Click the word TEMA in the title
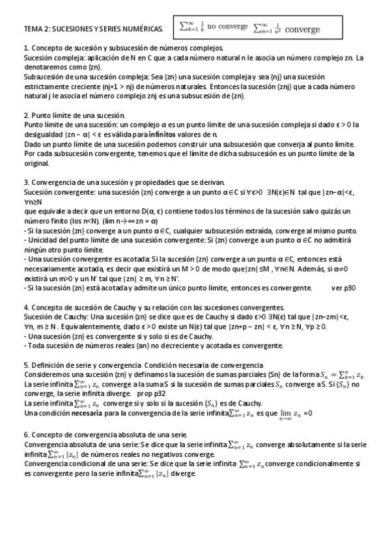[32, 29]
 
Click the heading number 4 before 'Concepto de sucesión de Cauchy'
[25, 307]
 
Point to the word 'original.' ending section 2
[37, 163]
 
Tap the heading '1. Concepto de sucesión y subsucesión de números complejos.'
[124, 48]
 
